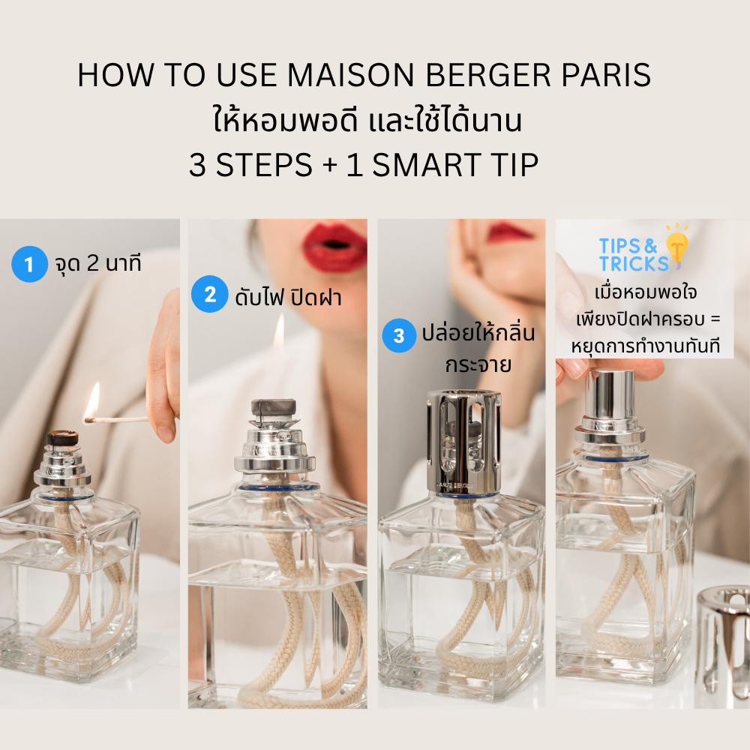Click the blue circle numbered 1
click(29, 264)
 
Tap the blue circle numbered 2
click(209, 294)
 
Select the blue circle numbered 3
click(399, 335)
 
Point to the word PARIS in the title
click(606, 75)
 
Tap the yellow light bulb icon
click(676, 246)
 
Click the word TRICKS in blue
click(634, 264)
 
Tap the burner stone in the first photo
click(63, 438)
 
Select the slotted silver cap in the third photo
click(463, 442)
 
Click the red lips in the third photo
click(509, 232)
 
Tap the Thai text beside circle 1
click(98, 263)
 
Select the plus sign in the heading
click(330, 166)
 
